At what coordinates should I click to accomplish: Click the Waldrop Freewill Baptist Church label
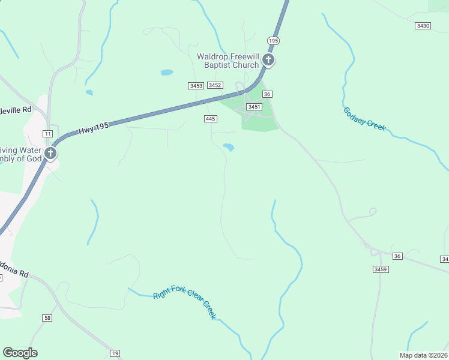click(x=228, y=61)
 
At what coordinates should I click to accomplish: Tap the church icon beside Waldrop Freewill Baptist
click(x=268, y=60)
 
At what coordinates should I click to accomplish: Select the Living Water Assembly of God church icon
click(x=51, y=154)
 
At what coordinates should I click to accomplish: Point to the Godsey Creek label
click(x=364, y=119)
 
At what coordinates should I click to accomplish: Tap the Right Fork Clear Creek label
click(x=184, y=302)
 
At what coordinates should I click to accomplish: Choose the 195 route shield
click(x=274, y=40)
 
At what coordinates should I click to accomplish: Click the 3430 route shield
click(x=423, y=26)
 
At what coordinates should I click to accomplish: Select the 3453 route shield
click(x=196, y=86)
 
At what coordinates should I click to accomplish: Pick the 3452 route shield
click(x=215, y=85)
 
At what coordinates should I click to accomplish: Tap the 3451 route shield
click(x=255, y=106)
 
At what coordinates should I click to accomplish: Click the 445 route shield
click(x=210, y=119)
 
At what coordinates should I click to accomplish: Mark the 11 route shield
click(x=47, y=133)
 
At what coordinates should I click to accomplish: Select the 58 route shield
click(x=47, y=317)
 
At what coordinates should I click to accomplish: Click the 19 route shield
click(x=115, y=353)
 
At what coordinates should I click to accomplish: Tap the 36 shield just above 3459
click(x=396, y=256)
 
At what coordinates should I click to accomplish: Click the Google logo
click(x=20, y=353)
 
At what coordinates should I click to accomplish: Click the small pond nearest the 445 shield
click(x=228, y=146)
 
